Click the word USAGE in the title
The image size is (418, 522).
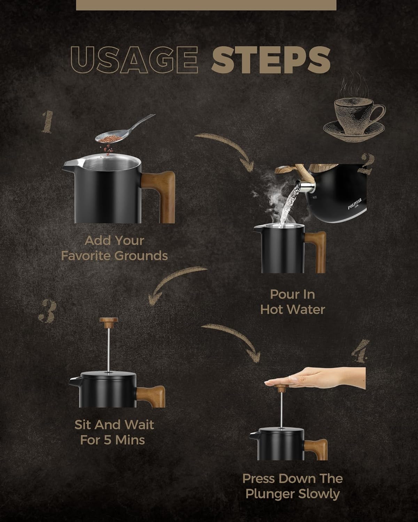coord(134,60)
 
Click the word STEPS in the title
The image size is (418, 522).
coord(271,60)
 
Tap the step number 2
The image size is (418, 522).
coord(367,164)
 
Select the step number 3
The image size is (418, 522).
coord(48,311)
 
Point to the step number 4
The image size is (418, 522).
coord(361,351)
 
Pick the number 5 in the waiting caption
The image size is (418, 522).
coord(107,440)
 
